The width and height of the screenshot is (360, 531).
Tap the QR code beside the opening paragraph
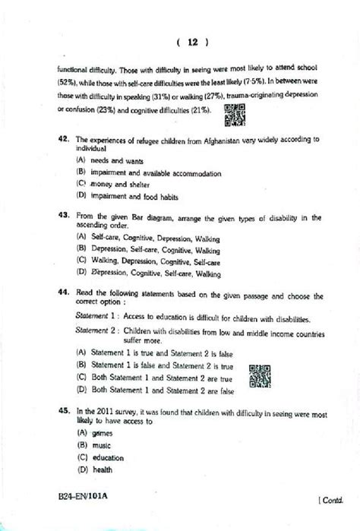[x=235, y=114]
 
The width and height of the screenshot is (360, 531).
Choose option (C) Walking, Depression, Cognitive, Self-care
[x=152, y=260]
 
